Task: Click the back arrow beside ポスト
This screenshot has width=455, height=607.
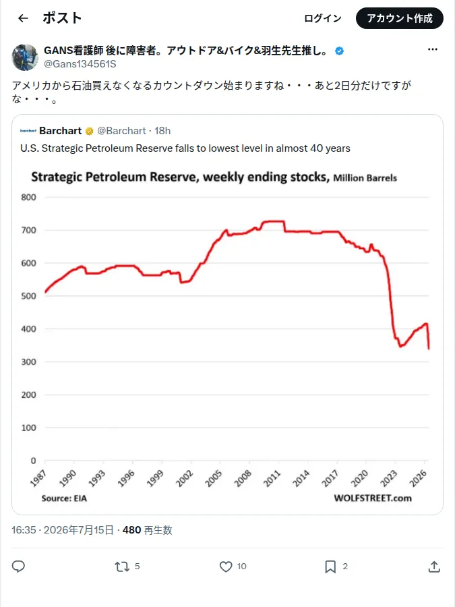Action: [23, 18]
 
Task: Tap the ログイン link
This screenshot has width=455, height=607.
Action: [323, 18]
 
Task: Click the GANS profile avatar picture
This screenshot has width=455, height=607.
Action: [25, 57]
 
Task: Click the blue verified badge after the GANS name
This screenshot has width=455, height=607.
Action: [339, 51]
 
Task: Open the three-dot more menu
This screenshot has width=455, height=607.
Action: [433, 49]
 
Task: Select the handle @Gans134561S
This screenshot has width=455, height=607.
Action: [80, 64]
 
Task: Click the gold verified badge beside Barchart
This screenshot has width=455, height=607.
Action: [90, 132]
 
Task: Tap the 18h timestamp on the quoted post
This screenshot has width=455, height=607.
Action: [162, 131]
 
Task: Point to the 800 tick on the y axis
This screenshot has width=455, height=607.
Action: [28, 198]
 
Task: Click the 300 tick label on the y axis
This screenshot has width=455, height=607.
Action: [28, 362]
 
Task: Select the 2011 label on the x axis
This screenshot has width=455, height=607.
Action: [272, 478]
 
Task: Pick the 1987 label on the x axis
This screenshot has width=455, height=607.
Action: [38, 478]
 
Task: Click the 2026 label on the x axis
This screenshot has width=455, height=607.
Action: [418, 478]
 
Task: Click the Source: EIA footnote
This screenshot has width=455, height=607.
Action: [64, 498]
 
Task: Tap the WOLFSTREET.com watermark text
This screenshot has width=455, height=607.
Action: [373, 498]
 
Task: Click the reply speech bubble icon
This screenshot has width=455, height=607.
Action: [18, 567]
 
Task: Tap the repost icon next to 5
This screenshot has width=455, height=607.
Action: [122, 567]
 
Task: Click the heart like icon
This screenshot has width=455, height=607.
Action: [226, 567]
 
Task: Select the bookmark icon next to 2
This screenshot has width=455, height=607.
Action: [330, 567]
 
